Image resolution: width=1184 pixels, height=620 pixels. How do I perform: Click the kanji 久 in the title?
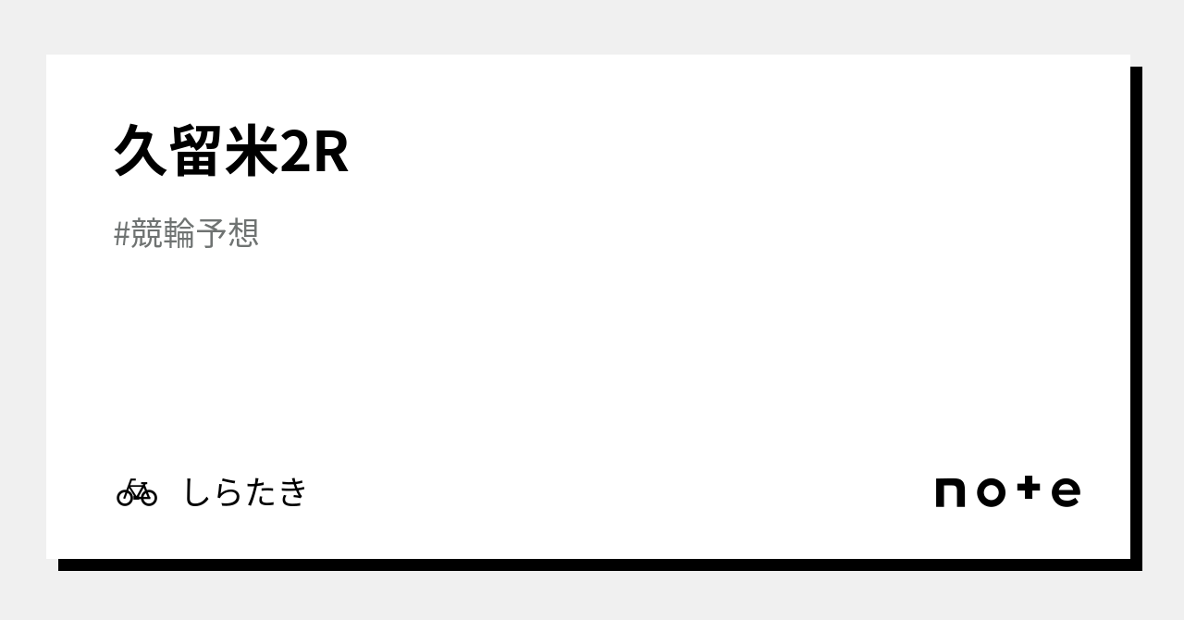[141, 151]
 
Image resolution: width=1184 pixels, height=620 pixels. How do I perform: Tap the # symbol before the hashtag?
[121, 234]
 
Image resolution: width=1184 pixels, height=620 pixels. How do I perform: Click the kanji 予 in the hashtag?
[211, 233]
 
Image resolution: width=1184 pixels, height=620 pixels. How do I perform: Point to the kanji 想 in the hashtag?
[243, 233]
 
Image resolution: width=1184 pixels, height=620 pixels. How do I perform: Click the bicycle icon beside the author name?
[137, 492]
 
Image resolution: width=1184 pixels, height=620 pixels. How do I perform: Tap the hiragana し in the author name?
[197, 492]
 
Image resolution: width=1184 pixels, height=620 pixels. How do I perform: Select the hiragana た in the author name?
[260, 492]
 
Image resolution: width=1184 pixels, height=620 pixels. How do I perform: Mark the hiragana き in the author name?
[291, 492]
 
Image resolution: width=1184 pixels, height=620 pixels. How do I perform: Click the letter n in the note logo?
[951, 492]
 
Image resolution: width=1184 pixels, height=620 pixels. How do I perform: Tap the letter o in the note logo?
[990, 492]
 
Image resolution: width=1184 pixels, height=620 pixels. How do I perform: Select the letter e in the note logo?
[1066, 492]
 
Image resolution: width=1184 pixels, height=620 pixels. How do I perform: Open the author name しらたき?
[244, 492]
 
